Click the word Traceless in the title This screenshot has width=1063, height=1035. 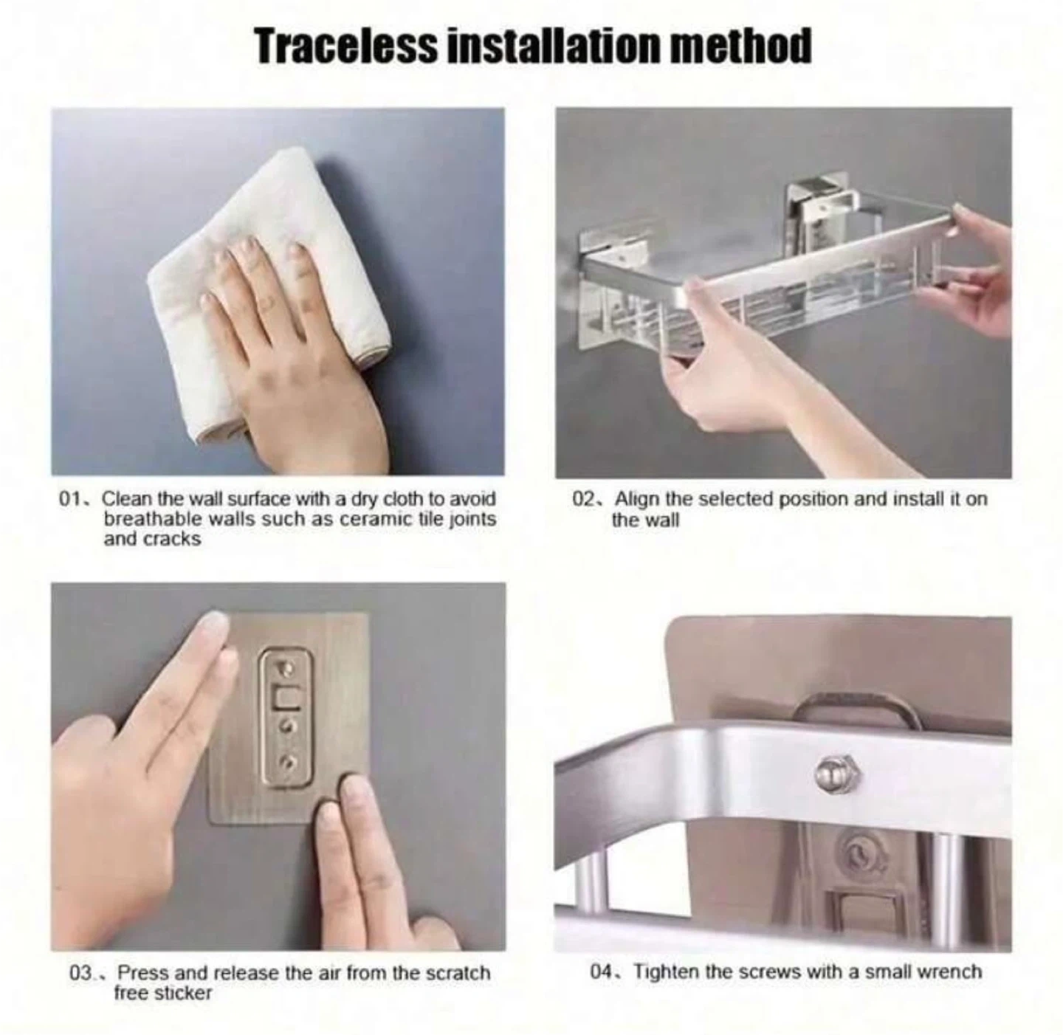point(346,47)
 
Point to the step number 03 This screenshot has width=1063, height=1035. point(84,974)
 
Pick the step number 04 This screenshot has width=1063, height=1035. point(605,973)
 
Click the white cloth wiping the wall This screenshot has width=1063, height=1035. point(268,284)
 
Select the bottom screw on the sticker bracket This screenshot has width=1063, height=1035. point(289,761)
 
